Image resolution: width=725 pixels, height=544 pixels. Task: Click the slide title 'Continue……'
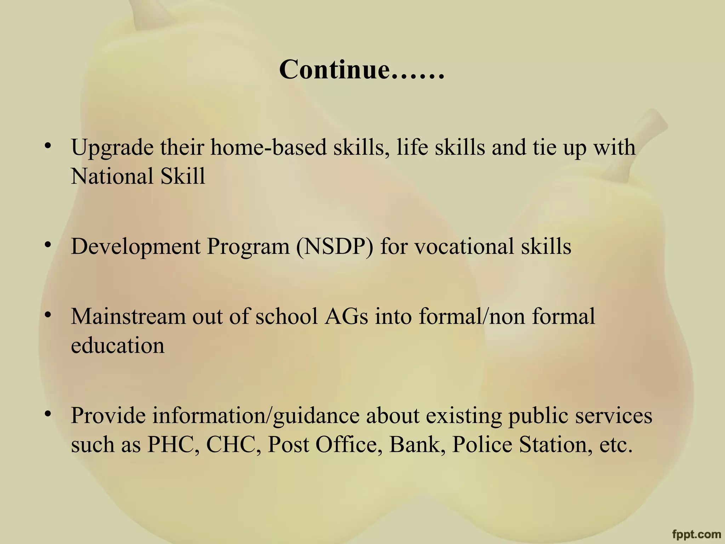click(x=361, y=69)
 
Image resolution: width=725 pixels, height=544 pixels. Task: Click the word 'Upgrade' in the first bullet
click(x=112, y=148)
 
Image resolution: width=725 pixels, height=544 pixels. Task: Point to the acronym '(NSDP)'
click(x=334, y=246)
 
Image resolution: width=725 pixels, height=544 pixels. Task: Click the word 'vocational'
click(x=464, y=246)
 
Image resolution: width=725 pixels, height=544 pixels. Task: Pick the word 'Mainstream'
click(x=128, y=316)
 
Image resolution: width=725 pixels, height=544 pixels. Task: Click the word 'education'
click(x=118, y=345)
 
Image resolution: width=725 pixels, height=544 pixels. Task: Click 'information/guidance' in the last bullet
click(x=256, y=416)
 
